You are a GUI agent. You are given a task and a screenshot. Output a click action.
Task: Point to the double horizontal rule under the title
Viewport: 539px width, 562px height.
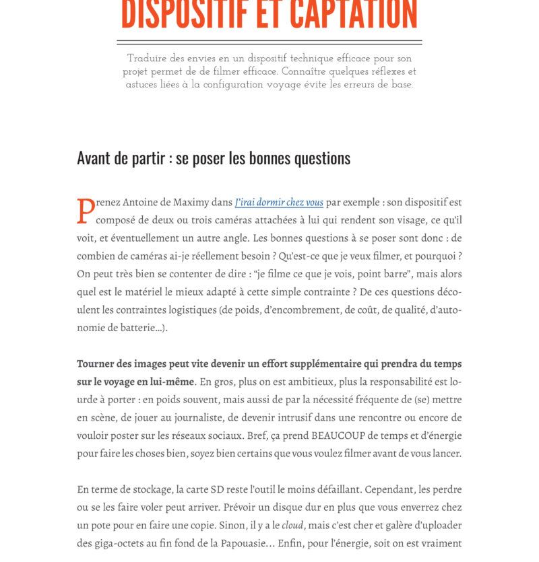click(269, 42)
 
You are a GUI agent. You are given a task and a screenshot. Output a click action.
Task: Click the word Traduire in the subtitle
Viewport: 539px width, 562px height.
click(148, 59)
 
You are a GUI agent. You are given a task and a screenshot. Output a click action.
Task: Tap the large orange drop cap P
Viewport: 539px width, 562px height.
click(86, 211)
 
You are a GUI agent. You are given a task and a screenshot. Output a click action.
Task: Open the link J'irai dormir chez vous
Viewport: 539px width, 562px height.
click(279, 202)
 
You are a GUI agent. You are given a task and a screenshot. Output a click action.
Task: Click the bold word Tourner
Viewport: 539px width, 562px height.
click(96, 363)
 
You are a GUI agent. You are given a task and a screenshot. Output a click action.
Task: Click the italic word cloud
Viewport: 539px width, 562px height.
click(292, 525)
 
